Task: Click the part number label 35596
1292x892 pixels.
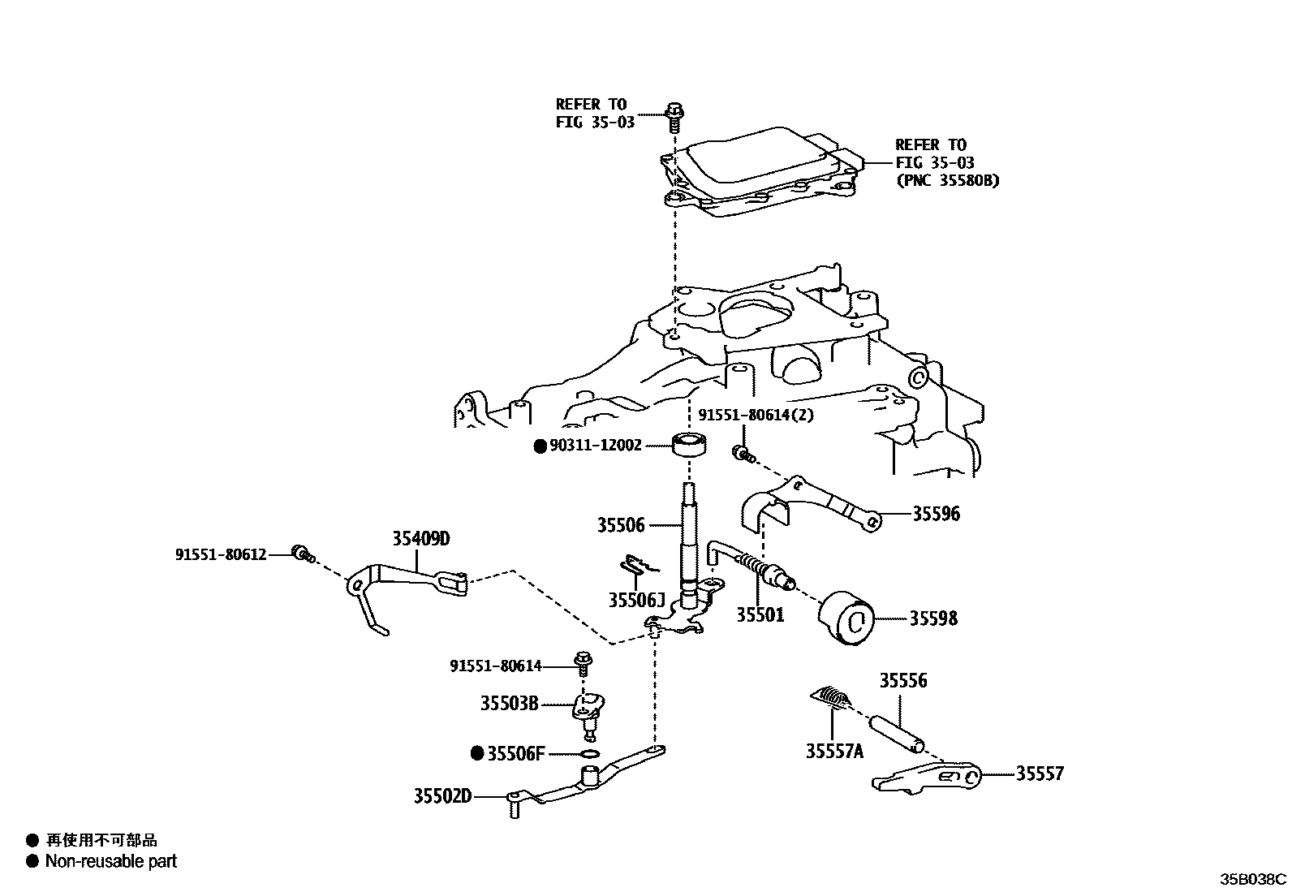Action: (x=936, y=514)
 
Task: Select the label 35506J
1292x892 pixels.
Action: (x=636, y=600)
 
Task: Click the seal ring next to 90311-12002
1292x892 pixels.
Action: (x=689, y=446)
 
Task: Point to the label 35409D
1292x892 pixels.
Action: (x=420, y=538)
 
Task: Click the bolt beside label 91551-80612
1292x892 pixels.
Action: (x=301, y=554)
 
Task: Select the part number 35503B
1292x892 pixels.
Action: (x=509, y=703)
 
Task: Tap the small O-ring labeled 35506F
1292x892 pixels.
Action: (x=591, y=754)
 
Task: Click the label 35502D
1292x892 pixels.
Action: (x=442, y=796)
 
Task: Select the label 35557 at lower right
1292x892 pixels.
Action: (x=1040, y=773)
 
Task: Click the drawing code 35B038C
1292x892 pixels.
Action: (x=1254, y=879)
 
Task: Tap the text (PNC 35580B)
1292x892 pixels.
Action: (x=947, y=180)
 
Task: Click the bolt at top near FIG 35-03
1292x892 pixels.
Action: (x=673, y=117)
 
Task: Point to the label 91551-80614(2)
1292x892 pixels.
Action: (x=756, y=415)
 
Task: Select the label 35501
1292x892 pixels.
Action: (x=760, y=615)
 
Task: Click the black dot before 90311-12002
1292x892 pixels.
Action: (x=540, y=446)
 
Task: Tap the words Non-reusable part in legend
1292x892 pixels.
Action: (x=110, y=861)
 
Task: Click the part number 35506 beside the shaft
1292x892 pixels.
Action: (x=621, y=525)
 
